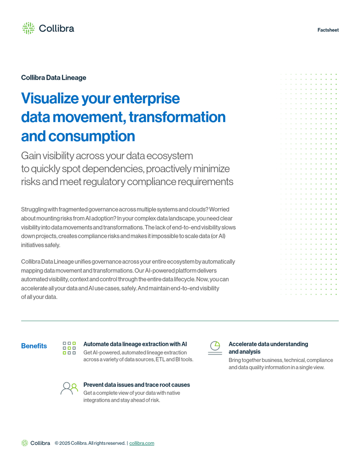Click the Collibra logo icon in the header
pyautogui.click(x=28, y=28)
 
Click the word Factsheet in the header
pyautogui.click(x=328, y=30)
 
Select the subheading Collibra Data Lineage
pyautogui.click(x=54, y=77)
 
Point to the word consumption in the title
pyautogui.click(x=91, y=136)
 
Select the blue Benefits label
pyautogui.click(x=34, y=346)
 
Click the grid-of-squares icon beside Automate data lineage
pyautogui.click(x=69, y=348)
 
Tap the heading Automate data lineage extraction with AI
pyautogui.click(x=135, y=344)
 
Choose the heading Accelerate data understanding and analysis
pyautogui.click(x=268, y=348)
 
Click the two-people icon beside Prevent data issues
pyautogui.click(x=69, y=389)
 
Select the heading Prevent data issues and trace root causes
pyautogui.click(x=136, y=385)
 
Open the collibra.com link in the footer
pyautogui.click(x=142, y=443)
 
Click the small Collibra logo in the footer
pyautogui.click(x=36, y=443)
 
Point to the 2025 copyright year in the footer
pyautogui.click(x=65, y=443)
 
